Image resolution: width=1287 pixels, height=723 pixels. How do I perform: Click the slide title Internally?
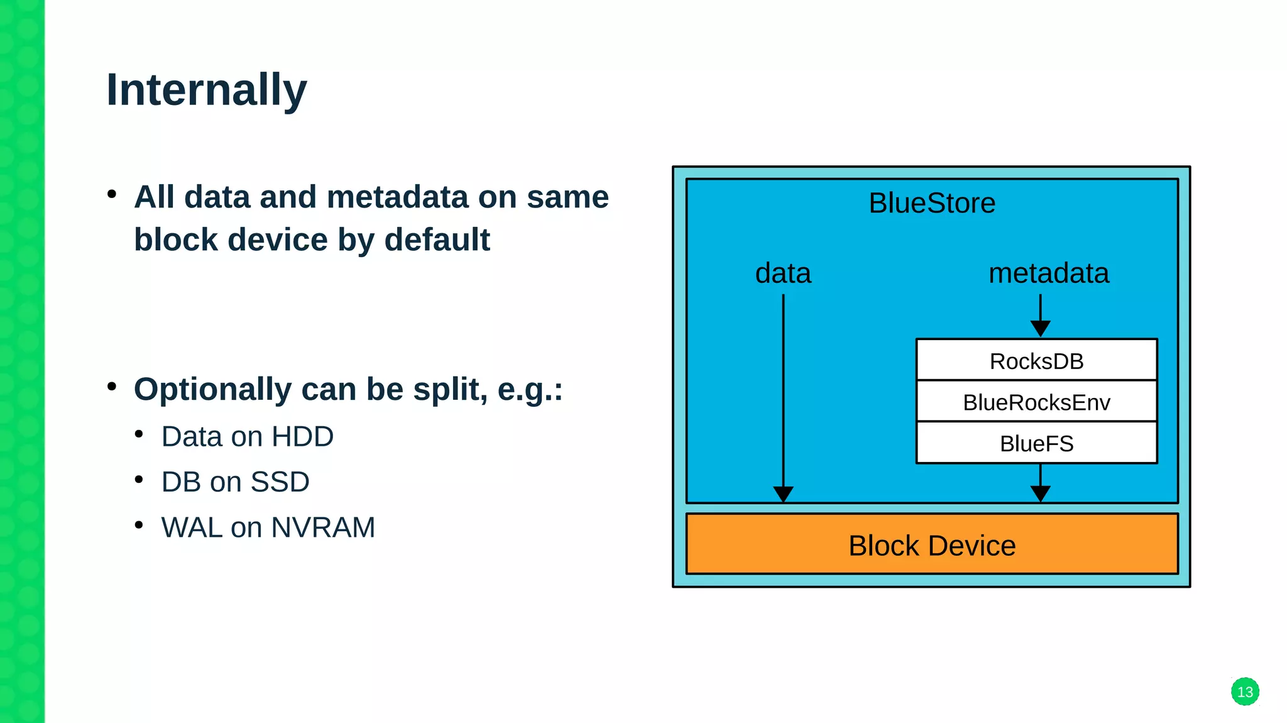tap(206, 90)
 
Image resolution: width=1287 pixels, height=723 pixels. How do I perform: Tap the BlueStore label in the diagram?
tap(931, 203)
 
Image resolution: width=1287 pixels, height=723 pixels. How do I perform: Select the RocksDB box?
tap(1036, 361)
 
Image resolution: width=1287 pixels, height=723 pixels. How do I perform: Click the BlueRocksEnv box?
tap(1036, 402)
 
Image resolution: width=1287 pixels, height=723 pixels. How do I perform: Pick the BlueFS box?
tap(1036, 444)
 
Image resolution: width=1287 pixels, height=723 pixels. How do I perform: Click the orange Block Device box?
tap(931, 545)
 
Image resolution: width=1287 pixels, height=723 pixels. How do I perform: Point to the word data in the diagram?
tap(783, 273)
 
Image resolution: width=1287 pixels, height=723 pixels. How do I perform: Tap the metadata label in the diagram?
tap(1048, 273)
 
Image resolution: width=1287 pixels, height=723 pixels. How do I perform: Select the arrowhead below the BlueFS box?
tap(1040, 494)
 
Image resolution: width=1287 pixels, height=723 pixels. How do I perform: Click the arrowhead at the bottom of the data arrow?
tap(783, 494)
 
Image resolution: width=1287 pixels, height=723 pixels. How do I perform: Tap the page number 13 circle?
tap(1244, 692)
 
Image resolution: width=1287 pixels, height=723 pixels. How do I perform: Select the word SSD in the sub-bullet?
tap(280, 482)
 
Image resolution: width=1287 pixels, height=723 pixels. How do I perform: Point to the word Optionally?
tap(212, 389)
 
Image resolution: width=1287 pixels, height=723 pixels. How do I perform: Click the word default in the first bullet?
tap(437, 240)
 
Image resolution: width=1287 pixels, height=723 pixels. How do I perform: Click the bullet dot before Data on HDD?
tap(139, 434)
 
